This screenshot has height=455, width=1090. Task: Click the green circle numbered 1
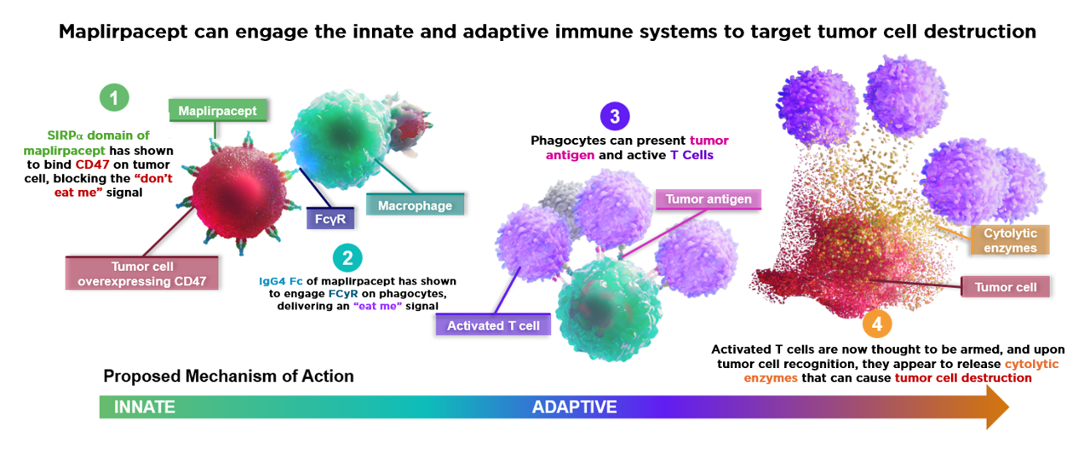(114, 97)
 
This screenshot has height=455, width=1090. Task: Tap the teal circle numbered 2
(347, 257)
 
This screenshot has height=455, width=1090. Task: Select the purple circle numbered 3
(615, 117)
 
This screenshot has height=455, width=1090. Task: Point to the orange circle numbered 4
(877, 324)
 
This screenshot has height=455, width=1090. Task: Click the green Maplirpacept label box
(217, 111)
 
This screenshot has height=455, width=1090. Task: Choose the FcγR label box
(330, 219)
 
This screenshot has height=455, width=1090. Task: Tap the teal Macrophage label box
(415, 205)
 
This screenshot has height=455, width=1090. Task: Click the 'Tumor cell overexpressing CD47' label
(141, 274)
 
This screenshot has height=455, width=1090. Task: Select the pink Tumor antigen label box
(708, 199)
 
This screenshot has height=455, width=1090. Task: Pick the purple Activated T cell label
(493, 325)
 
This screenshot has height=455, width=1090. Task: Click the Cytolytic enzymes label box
(1010, 240)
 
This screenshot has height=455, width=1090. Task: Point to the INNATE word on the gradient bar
(145, 406)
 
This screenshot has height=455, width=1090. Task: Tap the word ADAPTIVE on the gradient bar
(574, 406)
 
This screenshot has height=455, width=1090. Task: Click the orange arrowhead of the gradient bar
(996, 406)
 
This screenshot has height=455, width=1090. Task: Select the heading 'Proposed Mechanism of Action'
(229, 376)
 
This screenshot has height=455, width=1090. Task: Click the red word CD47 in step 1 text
(93, 164)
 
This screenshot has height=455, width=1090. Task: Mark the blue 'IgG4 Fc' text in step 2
(281, 281)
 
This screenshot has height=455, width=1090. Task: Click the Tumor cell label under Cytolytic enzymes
(1006, 287)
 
